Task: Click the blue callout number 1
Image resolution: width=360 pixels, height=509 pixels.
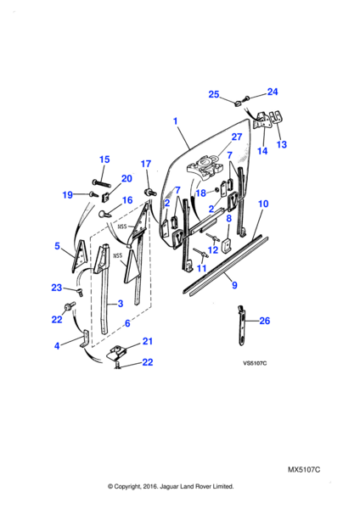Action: [x=176, y=121]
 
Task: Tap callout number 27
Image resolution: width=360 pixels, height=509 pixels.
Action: [x=237, y=137]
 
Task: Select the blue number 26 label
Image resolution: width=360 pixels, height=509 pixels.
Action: [x=264, y=321]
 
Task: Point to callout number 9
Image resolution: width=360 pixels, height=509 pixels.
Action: [x=234, y=285]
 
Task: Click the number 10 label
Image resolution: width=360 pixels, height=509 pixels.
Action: [x=263, y=204]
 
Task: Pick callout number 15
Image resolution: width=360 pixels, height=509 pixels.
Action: [x=104, y=159]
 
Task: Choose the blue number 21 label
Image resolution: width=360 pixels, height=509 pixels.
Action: [x=147, y=341]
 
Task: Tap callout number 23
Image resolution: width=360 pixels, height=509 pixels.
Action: [x=57, y=288]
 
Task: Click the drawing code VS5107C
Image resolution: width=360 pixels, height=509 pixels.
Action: [x=255, y=364]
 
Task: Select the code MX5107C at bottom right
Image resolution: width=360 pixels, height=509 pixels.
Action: [x=304, y=470]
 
